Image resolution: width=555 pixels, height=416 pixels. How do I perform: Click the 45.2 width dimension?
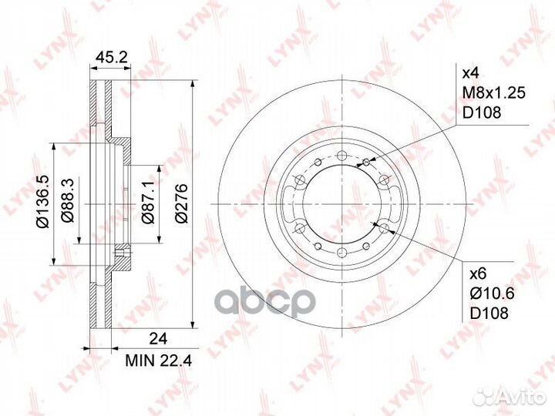[x=112, y=57]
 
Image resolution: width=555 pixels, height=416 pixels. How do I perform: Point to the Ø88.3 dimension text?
[x=68, y=200]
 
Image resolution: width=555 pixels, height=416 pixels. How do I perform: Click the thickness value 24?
[x=158, y=339]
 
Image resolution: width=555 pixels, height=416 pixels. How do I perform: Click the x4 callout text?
[x=471, y=74]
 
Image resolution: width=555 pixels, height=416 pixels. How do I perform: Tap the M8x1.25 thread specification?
[x=494, y=93]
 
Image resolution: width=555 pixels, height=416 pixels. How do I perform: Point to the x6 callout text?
[x=478, y=273]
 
